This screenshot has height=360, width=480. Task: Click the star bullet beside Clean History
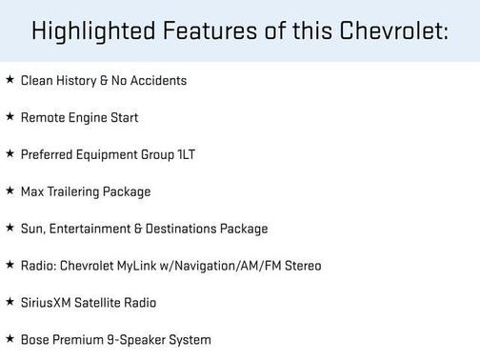pyautogui.click(x=10, y=80)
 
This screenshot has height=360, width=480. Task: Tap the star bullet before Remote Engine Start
pyautogui.click(x=10, y=117)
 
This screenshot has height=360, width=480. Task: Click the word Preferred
pyautogui.click(x=48, y=155)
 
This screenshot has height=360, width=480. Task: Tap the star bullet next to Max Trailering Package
pyautogui.click(x=10, y=191)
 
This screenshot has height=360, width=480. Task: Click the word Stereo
pyautogui.click(x=299, y=266)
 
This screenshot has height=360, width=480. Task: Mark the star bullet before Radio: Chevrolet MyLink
pyautogui.click(x=10, y=265)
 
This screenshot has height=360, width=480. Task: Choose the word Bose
pyautogui.click(x=35, y=340)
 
